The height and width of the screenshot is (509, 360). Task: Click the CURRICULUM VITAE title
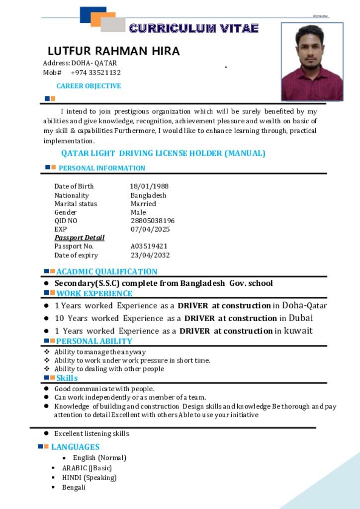193,28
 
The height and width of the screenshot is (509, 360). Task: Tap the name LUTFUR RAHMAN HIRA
113,51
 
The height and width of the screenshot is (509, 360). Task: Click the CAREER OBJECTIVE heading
89,86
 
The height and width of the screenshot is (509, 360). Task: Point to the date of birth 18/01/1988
149,186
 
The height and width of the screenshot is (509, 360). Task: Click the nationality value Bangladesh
148,195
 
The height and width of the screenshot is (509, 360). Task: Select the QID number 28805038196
153,221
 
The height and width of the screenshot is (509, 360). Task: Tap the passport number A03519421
149,246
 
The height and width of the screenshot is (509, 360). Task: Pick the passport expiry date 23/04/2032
150,255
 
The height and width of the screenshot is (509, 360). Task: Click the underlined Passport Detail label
80,238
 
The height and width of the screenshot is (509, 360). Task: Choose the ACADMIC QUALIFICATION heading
106,271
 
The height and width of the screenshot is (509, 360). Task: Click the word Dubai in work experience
301,318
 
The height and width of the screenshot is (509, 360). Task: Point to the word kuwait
298,331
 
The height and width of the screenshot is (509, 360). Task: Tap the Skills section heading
67,378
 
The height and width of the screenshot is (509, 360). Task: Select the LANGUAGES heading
75,447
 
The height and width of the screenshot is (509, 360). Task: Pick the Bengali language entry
74,487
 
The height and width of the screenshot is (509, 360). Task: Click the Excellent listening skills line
91,433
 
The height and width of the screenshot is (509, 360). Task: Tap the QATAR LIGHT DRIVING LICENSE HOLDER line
163,153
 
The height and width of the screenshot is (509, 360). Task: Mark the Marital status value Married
143,204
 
